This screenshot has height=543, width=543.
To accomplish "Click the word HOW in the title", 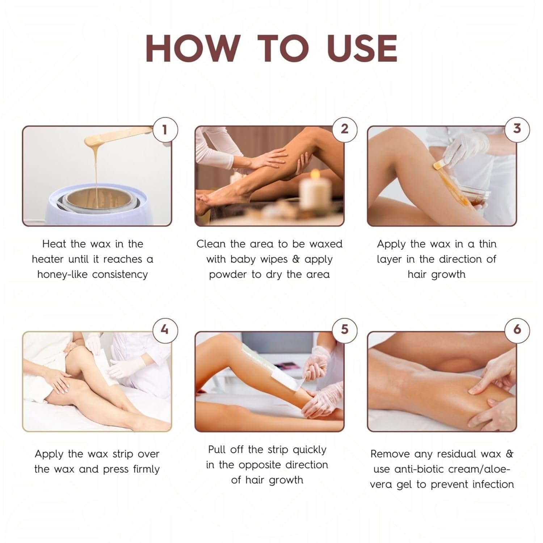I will pos(192,49).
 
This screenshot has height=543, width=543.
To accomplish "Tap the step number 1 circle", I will pos(165,129).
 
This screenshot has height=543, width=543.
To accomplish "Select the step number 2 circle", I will pos(345,129).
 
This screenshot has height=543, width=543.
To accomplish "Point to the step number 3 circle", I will pos(517,129).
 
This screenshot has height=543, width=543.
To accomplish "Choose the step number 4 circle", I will pos(165,330).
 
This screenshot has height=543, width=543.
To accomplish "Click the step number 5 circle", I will pos(345,329).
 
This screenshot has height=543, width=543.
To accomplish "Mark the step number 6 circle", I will pos(517,329).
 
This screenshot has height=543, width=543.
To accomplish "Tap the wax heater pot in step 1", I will pos(98,206).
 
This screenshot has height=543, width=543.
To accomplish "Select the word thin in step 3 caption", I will pos(487,244).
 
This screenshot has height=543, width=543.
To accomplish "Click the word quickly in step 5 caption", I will pos(310,450).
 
